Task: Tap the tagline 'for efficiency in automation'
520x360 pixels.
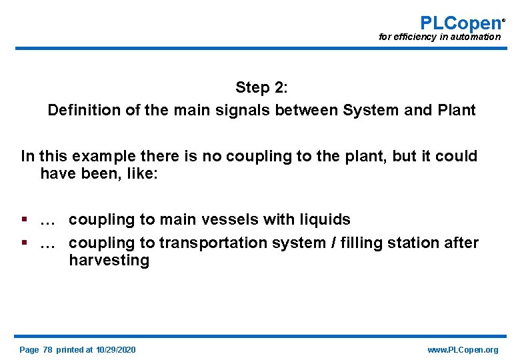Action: click(x=439, y=37)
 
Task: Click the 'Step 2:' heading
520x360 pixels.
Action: click(x=261, y=87)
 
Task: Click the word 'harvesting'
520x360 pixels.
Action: click(x=109, y=261)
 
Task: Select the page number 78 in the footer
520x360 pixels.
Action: click(x=47, y=350)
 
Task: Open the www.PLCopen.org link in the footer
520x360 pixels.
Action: click(x=463, y=350)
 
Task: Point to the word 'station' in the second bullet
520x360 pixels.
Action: click(x=413, y=243)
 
